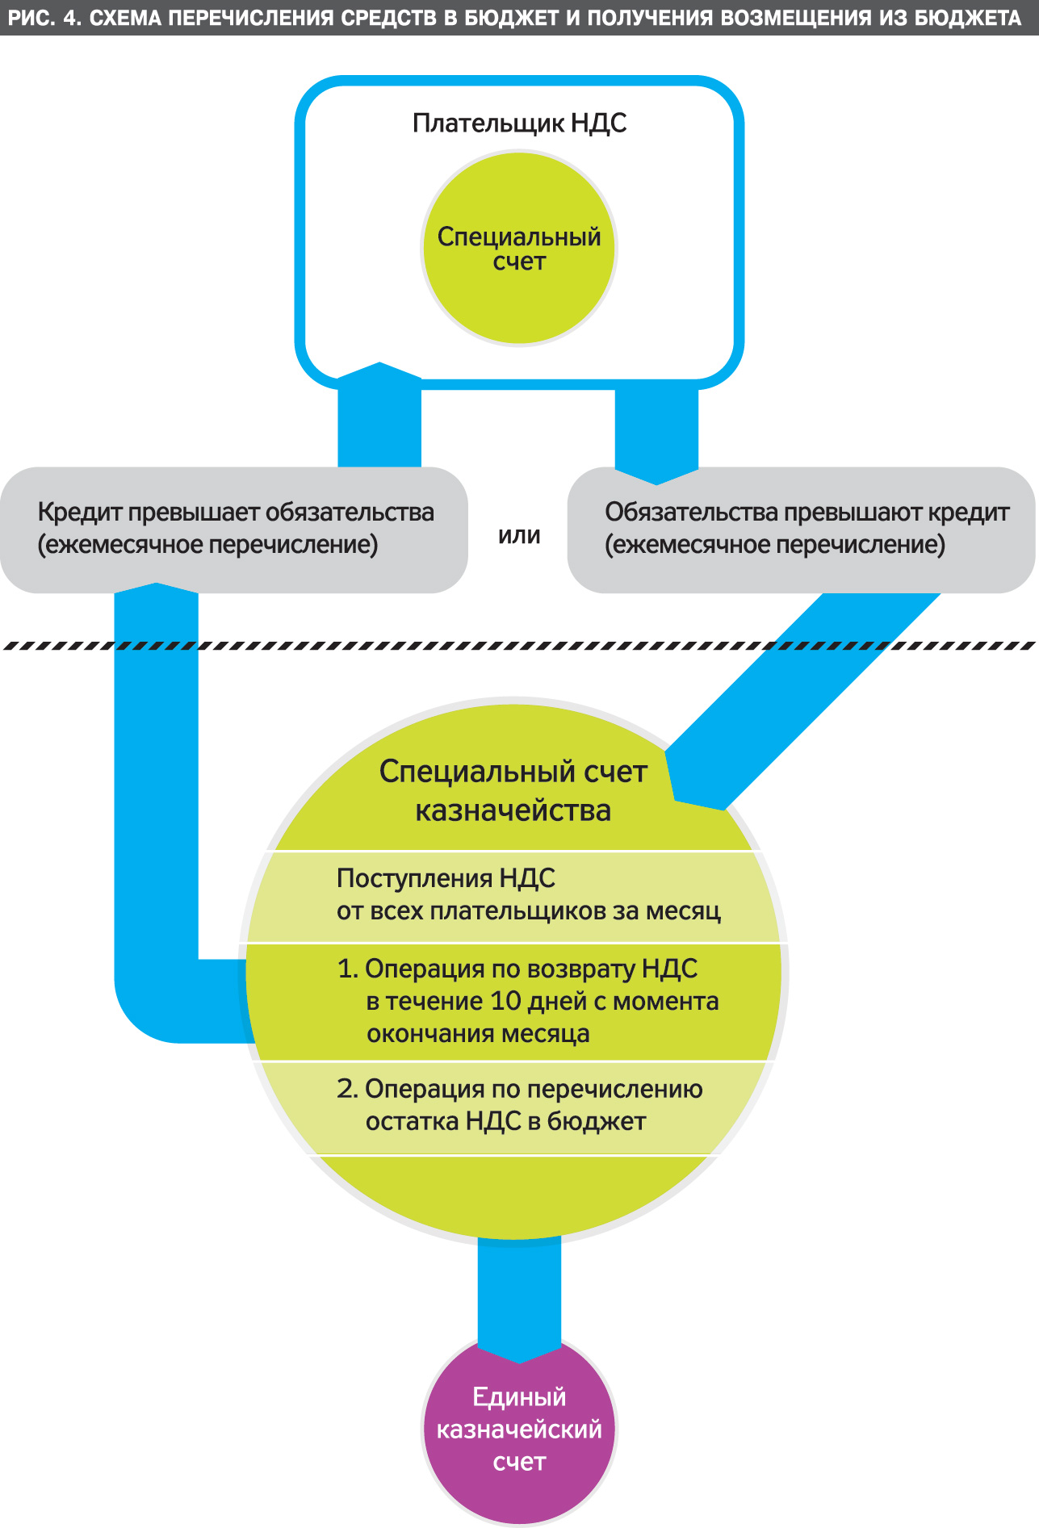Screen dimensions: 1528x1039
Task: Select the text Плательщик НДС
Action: pos(519,123)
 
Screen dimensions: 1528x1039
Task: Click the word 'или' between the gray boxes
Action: pos(519,535)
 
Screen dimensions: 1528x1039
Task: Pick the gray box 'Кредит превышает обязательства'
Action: pos(234,529)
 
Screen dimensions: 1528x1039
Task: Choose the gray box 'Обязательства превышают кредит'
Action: pos(801,529)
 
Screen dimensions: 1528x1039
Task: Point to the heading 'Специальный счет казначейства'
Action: pos(513,790)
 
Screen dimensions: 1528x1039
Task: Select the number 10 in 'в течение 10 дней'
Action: pos(506,1001)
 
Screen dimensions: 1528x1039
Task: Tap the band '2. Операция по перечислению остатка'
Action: pos(517,1106)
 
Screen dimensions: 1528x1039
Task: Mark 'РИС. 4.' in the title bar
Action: pos(44,18)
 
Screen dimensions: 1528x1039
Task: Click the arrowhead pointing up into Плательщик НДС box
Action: pos(379,379)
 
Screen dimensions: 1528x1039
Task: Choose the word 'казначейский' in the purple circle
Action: pos(519,1430)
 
